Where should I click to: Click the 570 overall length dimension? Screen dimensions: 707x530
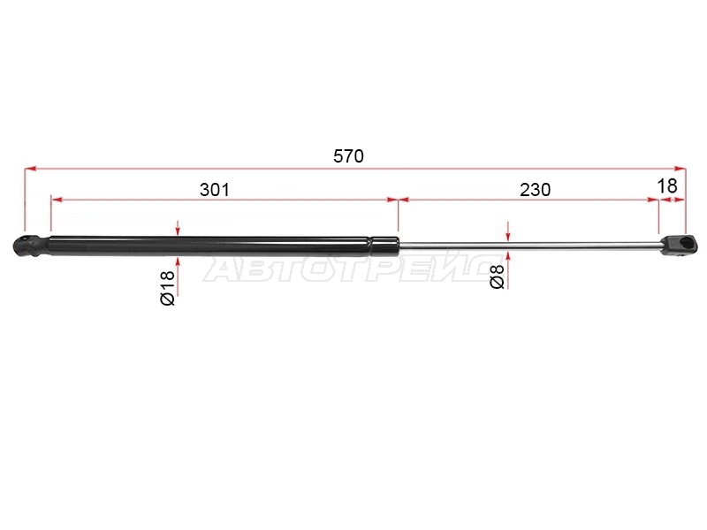point(348,156)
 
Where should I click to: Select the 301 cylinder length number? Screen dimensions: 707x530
point(215,190)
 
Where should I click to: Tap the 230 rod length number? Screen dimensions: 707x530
point(536,190)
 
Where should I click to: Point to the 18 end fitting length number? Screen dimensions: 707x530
point(667,185)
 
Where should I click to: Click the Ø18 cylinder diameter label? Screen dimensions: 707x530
point(167,288)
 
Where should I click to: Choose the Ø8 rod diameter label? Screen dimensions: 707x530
point(497,276)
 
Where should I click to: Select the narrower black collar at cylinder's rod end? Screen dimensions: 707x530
point(385,246)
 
